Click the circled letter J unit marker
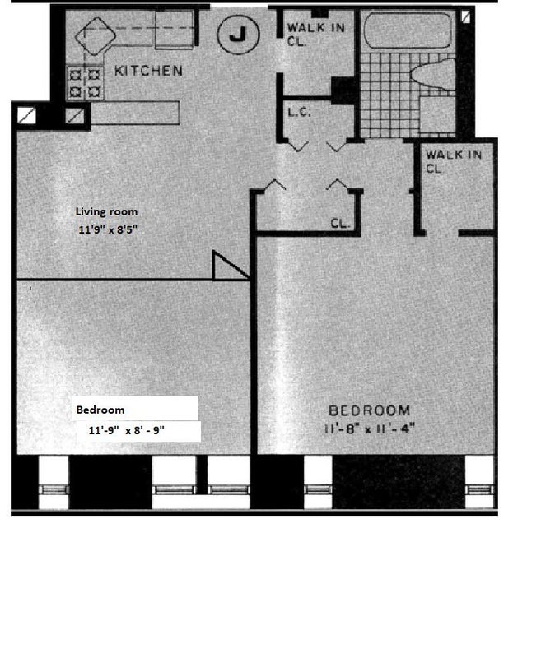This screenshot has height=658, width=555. (238, 34)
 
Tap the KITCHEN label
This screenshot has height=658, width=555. (148, 71)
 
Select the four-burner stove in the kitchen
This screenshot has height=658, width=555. (85, 83)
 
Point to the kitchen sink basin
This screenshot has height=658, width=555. (96, 35)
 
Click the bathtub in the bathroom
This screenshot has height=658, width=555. (408, 30)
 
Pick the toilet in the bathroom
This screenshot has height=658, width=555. (433, 75)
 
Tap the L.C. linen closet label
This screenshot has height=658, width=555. (299, 112)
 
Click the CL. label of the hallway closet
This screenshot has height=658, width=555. (340, 223)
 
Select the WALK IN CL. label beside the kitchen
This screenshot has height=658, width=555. (315, 35)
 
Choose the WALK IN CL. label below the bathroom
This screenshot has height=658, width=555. (454, 161)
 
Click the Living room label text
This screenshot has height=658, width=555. (106, 211)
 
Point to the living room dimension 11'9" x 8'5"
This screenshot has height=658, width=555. (108, 229)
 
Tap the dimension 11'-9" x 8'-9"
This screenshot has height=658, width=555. (126, 430)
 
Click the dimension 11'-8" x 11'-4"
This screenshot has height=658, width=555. (370, 429)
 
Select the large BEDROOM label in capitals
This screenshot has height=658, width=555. (369, 410)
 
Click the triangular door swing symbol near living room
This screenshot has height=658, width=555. (231, 265)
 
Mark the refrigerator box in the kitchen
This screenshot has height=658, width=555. (175, 30)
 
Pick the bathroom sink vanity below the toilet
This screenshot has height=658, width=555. (437, 114)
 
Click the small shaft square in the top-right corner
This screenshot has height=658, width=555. (465, 16)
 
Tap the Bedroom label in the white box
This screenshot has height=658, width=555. (100, 410)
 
